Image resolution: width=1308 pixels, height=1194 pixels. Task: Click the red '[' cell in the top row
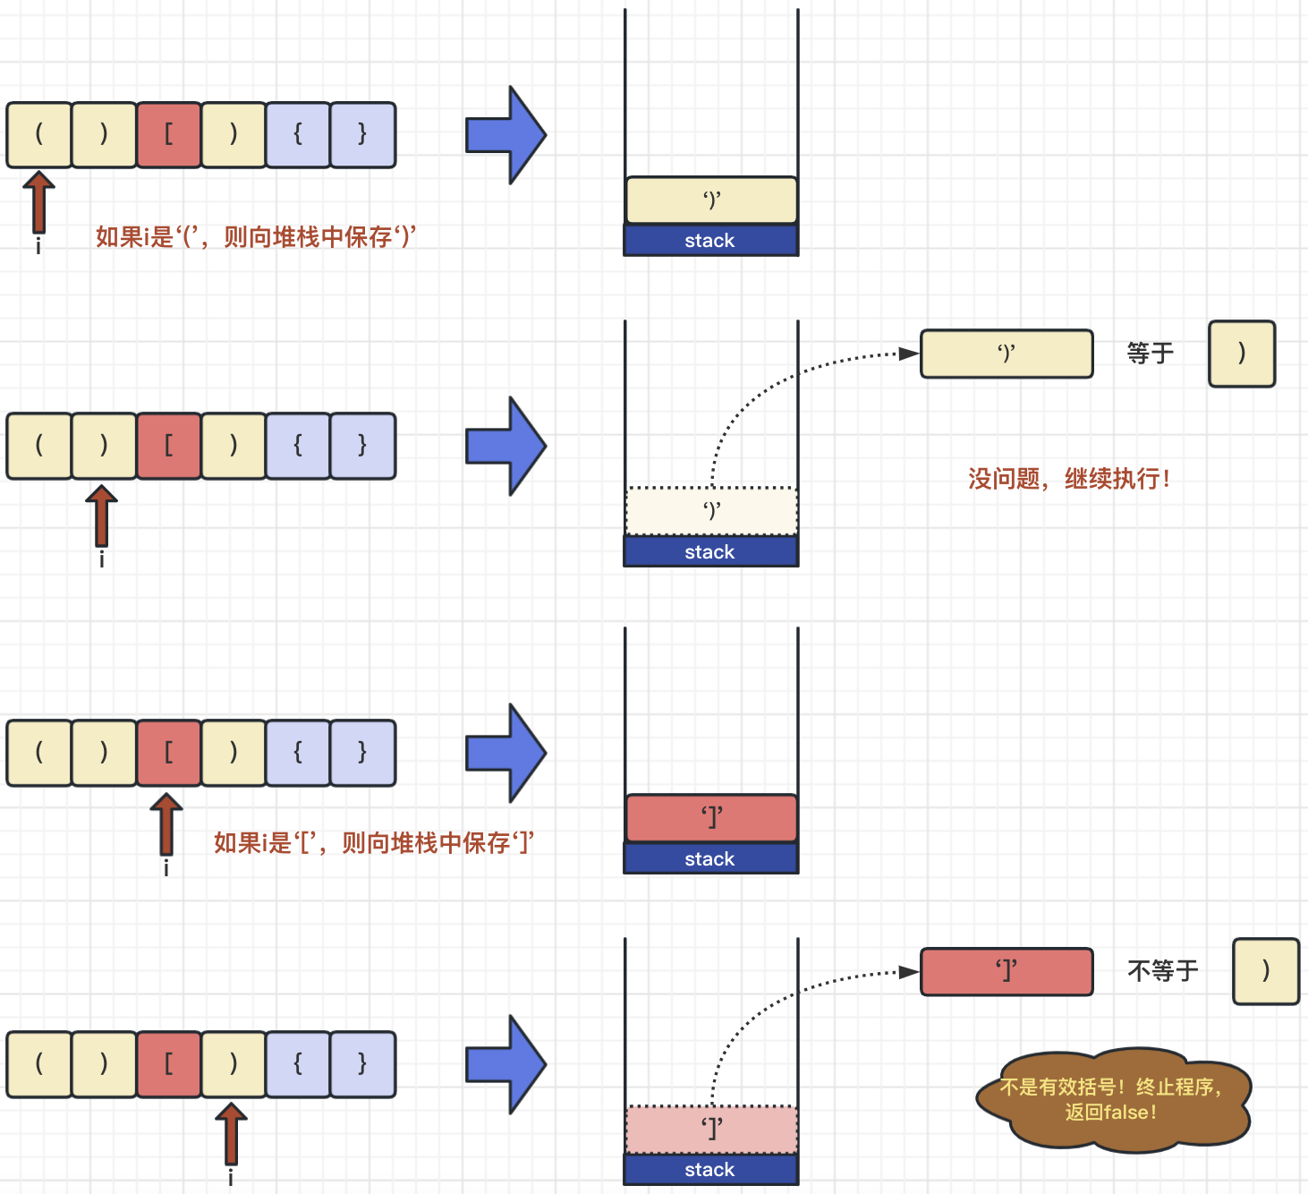tap(169, 135)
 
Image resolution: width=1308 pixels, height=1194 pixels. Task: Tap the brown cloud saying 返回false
tap(1113, 1100)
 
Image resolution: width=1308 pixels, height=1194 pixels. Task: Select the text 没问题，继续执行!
tap(1069, 478)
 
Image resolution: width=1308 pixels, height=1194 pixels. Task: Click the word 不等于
tap(1163, 971)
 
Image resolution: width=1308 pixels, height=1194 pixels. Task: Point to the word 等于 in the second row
tap(1151, 353)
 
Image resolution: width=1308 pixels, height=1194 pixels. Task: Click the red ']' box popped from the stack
tap(1006, 971)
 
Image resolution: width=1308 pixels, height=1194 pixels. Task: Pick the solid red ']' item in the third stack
tap(711, 817)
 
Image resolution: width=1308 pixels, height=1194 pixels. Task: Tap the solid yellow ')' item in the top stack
tap(711, 200)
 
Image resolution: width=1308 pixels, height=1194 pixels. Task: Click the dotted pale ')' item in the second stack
tap(711, 511)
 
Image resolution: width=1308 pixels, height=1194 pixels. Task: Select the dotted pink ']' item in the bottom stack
tap(711, 1130)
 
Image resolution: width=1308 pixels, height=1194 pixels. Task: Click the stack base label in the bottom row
tap(710, 1169)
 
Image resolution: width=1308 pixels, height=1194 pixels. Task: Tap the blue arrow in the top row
tap(506, 135)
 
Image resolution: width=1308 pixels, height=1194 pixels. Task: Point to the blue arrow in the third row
tap(506, 753)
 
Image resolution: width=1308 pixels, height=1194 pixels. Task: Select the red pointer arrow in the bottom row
tap(231, 1134)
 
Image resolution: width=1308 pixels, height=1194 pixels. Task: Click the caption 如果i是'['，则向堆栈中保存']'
tap(374, 843)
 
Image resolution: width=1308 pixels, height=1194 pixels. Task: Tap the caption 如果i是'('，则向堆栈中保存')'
tap(256, 236)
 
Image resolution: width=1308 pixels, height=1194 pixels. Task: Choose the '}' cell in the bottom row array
tap(362, 1064)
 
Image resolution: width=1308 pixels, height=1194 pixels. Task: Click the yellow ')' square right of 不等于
tap(1266, 971)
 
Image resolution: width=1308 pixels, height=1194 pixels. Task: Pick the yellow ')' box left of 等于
tap(1006, 354)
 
